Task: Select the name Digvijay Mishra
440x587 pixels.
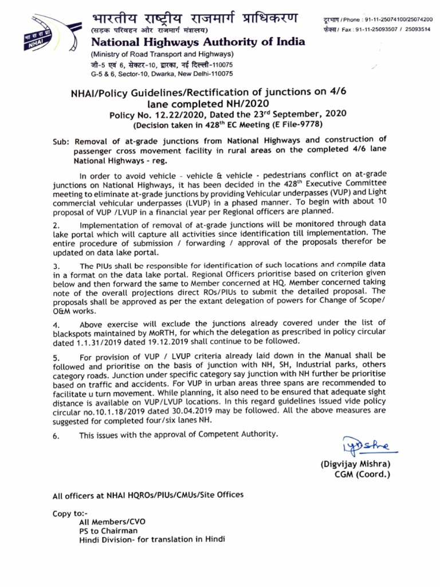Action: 355,464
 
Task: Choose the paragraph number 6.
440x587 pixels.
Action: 56,436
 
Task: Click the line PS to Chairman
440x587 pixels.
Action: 108,531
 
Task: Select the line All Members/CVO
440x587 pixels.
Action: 112,522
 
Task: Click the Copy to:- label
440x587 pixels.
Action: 69,514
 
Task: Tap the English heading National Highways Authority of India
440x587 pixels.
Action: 198,42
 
